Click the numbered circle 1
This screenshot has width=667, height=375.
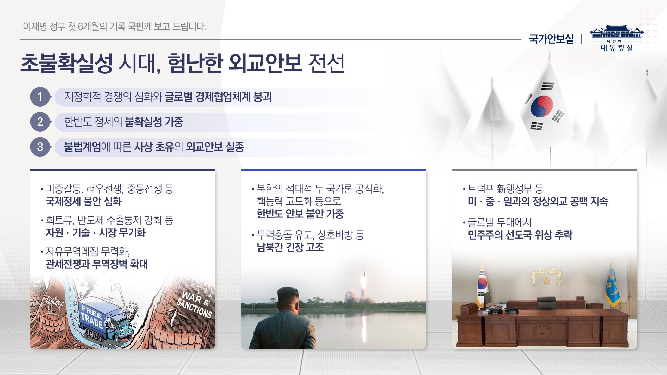tap(40, 97)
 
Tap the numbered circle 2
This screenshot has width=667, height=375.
tap(40, 122)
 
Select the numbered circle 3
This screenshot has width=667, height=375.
tap(40, 147)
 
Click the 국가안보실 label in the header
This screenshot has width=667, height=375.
tap(551, 39)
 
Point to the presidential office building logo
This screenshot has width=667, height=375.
tap(616, 38)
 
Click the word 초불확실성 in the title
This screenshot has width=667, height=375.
tap(66, 63)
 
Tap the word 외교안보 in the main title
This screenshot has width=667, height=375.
tap(265, 63)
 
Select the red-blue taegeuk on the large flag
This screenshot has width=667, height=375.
tap(541, 106)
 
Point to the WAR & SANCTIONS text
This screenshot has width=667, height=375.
tap(195, 304)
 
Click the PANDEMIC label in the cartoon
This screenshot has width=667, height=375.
tap(55, 303)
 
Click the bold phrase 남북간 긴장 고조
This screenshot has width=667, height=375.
tap(290, 247)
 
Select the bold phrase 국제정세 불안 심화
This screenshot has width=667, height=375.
tap(84, 201)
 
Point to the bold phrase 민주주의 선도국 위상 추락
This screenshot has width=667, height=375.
tap(520, 235)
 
